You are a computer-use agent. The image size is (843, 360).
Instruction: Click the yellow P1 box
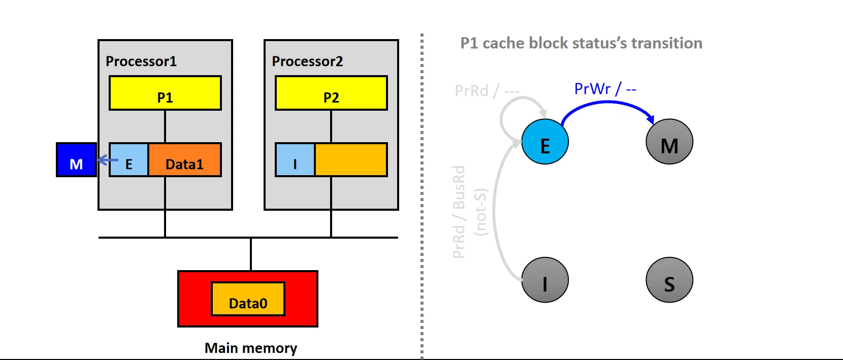pos(165,93)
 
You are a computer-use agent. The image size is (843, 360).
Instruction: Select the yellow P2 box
pos(331,93)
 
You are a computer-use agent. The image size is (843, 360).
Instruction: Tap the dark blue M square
pos(76,160)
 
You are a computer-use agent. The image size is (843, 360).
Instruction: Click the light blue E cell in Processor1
pos(129,160)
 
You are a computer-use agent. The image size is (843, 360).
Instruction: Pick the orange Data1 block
pos(185,160)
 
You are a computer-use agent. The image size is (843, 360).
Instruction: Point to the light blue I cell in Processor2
pos(295,160)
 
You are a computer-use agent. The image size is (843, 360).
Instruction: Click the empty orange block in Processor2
pos(351,160)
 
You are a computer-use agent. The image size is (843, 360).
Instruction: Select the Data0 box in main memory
pos(248,299)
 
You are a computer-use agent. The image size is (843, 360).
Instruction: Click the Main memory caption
pos(251,348)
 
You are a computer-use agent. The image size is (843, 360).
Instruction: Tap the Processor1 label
pos(141,61)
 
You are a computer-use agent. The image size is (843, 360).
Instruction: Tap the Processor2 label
pos(307,61)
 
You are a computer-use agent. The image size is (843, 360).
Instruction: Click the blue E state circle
pos(545,142)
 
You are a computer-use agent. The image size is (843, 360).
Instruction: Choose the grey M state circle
pos(669,142)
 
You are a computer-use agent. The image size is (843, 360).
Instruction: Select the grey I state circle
pos(545,280)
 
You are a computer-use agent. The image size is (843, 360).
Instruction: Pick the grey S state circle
pos(669,280)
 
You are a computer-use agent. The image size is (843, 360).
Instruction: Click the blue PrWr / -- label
pos(605,89)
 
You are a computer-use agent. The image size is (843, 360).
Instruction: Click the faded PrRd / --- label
pos(487,91)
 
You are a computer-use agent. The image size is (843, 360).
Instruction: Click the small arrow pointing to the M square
pos(107,160)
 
